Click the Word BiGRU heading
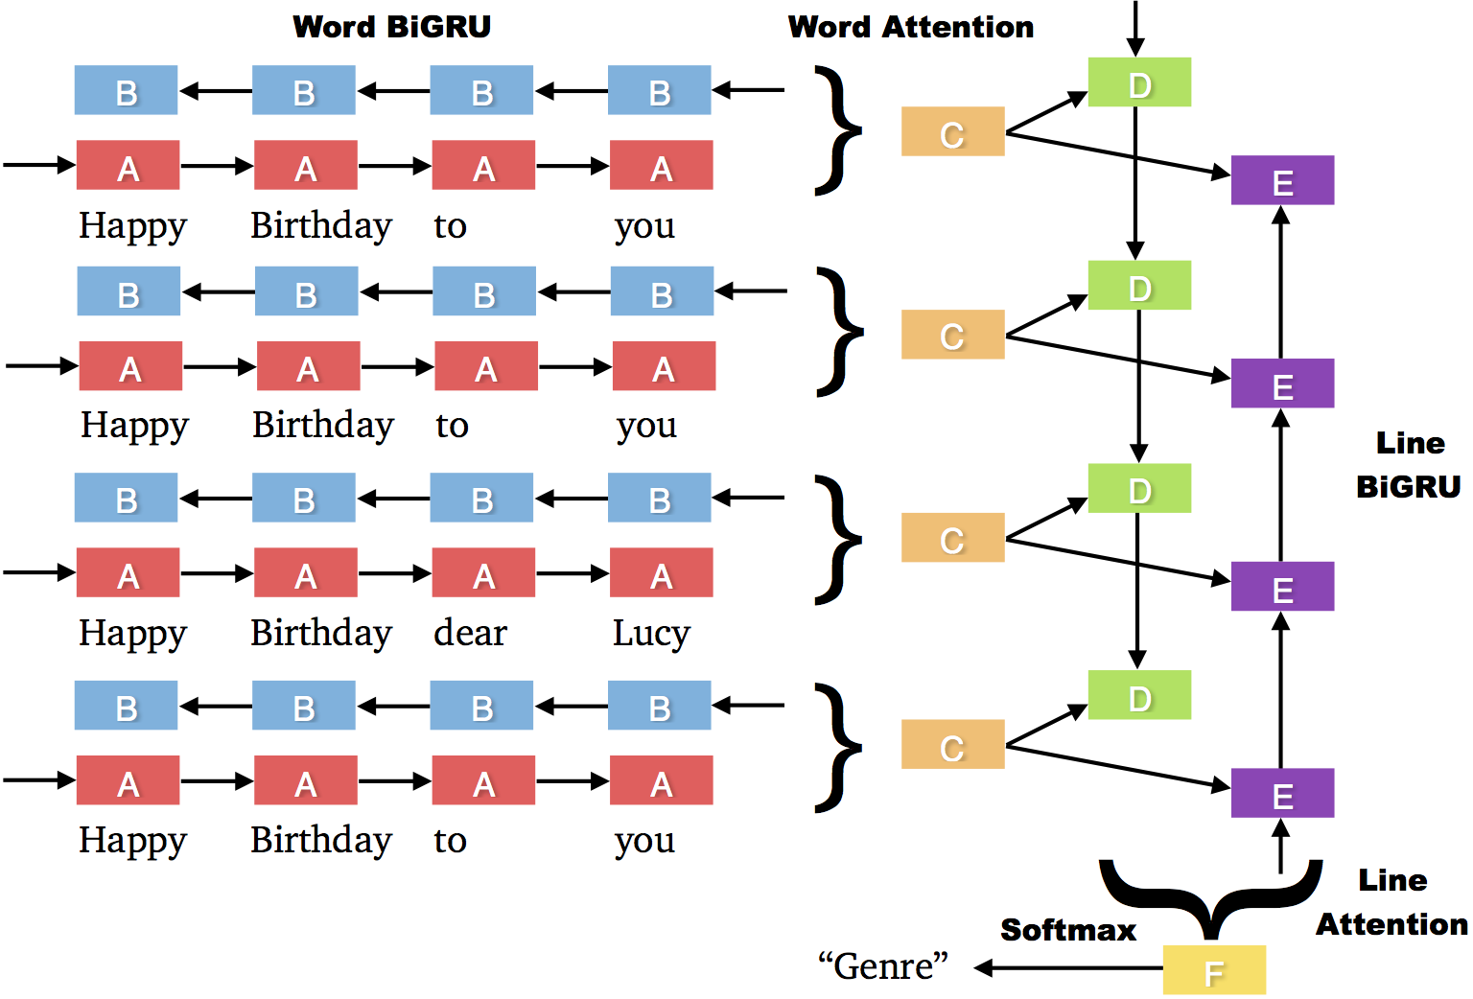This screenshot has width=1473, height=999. click(391, 27)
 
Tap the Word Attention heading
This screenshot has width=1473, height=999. click(910, 27)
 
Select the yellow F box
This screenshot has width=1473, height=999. click(1214, 969)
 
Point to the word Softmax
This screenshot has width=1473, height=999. click(1067, 930)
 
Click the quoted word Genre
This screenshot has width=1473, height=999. click(882, 966)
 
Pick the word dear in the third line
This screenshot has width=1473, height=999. click(470, 633)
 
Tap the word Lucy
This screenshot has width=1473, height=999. click(651, 633)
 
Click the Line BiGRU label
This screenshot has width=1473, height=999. click(1408, 465)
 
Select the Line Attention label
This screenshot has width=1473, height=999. click(1392, 902)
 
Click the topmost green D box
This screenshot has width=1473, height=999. click(1139, 82)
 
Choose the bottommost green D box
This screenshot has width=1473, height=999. click(1139, 695)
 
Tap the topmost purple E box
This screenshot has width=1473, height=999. click(1282, 180)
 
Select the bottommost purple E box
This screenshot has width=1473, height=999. click(1282, 793)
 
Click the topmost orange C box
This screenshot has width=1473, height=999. click(952, 131)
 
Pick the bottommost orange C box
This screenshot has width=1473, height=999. click(952, 745)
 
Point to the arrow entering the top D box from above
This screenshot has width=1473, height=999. click(1135, 29)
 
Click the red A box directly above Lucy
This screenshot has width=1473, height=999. click(661, 572)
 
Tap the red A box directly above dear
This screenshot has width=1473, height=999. click(483, 572)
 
